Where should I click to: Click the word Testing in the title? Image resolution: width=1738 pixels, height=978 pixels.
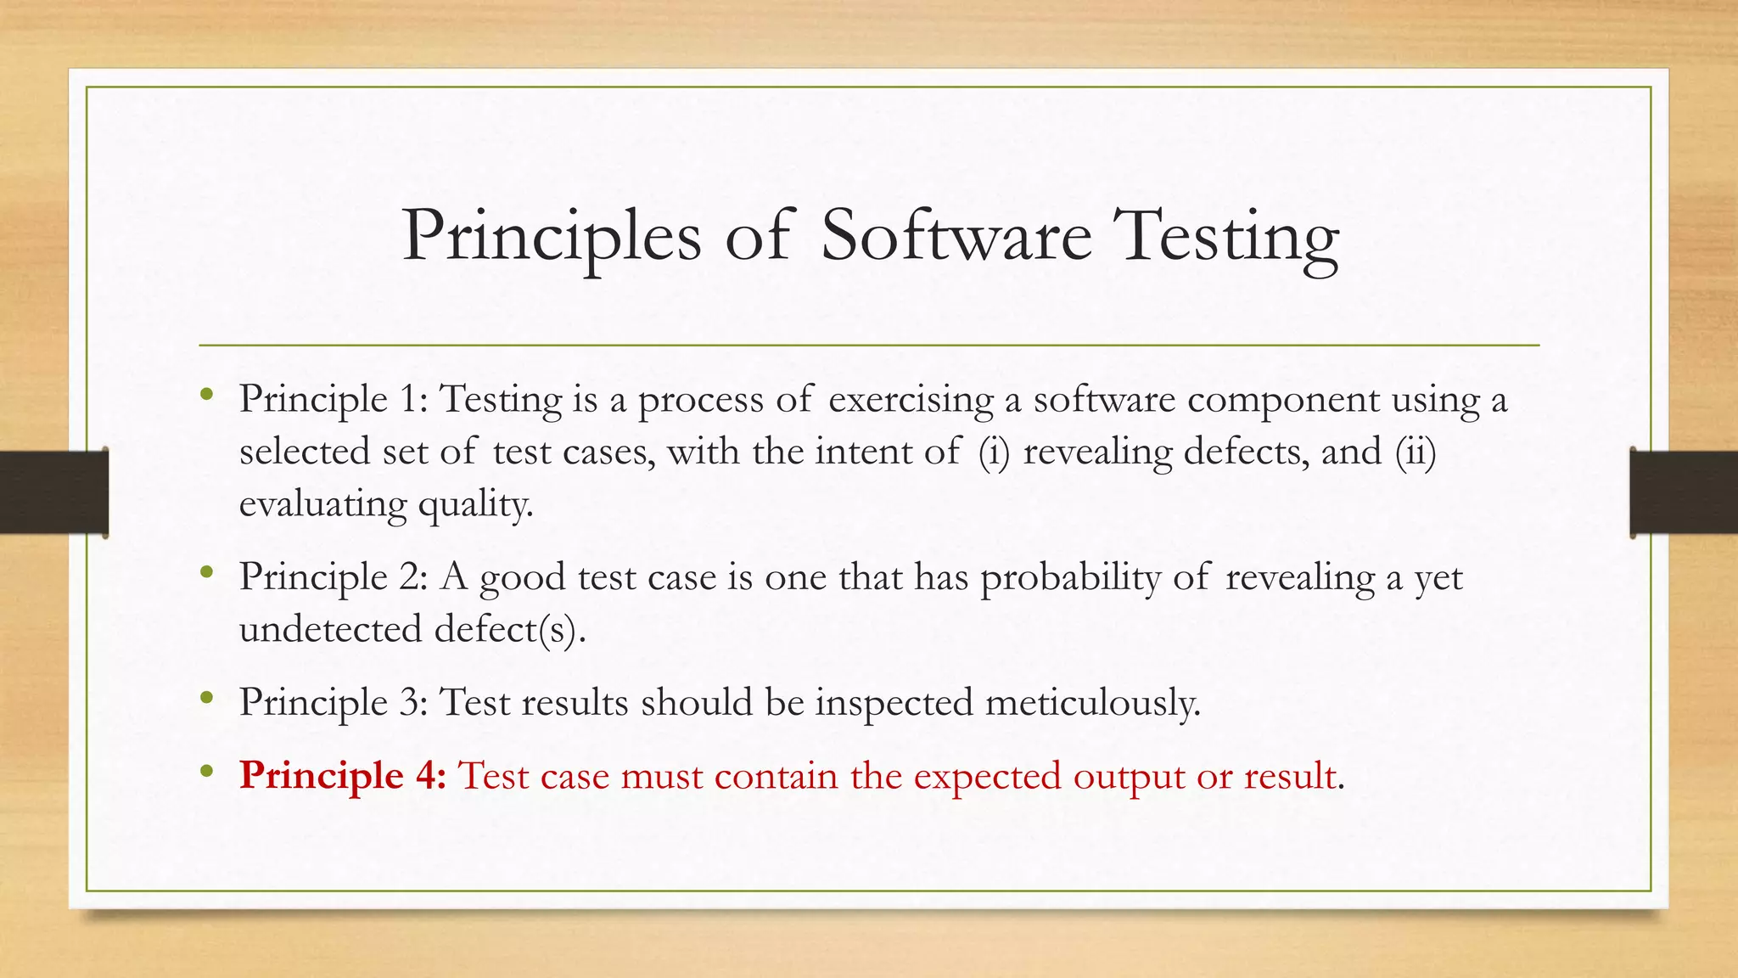pyautogui.click(x=1226, y=238)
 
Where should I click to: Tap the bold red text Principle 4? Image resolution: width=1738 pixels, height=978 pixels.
pyautogui.click(x=342, y=776)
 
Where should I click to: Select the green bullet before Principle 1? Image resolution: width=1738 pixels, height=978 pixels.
pyautogui.click(x=206, y=394)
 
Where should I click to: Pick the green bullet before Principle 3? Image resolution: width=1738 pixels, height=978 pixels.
pyautogui.click(x=206, y=698)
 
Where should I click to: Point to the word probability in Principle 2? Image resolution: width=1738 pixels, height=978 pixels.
pyautogui.click(x=1071, y=579)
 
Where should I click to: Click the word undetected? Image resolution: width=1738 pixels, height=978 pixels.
pyautogui.click(x=330, y=630)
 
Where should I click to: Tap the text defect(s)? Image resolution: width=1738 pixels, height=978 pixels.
pyautogui.click(x=509, y=630)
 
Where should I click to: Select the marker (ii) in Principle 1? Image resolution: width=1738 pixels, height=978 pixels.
pyautogui.click(x=1416, y=452)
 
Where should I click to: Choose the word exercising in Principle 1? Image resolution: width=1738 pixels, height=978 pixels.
pyautogui.click(x=911, y=400)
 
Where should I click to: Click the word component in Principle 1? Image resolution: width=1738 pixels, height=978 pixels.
pyautogui.click(x=1283, y=400)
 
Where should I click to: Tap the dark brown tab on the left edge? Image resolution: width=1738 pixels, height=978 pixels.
pyautogui.click(x=53, y=492)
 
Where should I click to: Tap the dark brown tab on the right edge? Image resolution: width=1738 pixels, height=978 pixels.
pyautogui.click(x=1684, y=492)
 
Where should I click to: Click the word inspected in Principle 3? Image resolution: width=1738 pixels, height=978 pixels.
pyautogui.click(x=894, y=703)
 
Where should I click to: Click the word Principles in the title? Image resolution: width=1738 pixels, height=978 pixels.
pyautogui.click(x=552, y=238)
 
